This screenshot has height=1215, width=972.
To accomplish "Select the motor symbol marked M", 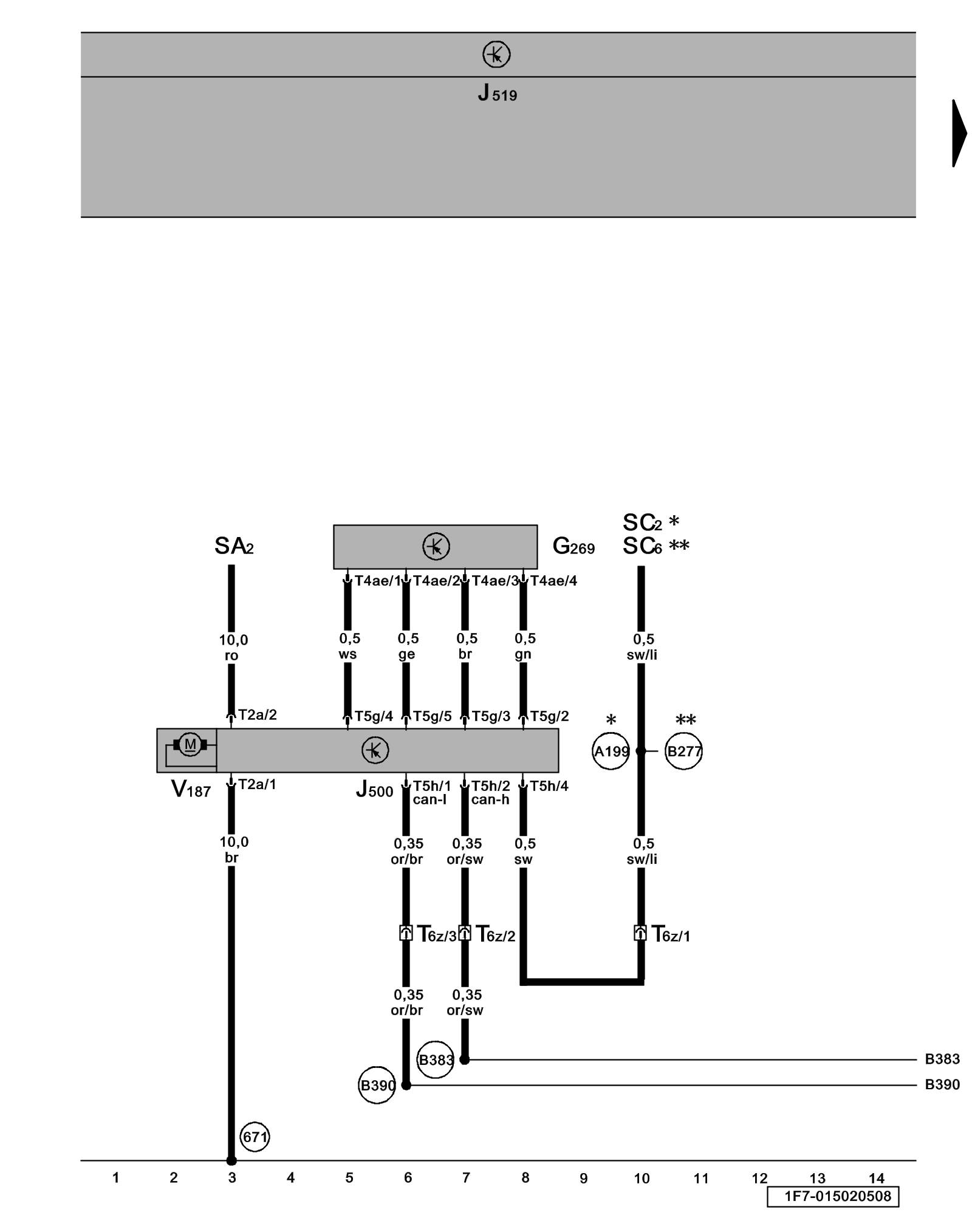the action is pos(190,744).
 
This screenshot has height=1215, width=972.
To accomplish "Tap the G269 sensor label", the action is pos(573,547).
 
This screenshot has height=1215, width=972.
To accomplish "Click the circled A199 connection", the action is pos(611,751).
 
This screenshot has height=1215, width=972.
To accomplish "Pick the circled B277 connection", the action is pos(683,751).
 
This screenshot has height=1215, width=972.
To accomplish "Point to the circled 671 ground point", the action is pos(255,1137).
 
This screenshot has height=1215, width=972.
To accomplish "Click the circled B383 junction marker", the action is pos(436,1060).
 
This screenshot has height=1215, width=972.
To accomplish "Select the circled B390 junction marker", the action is pos(377,1085).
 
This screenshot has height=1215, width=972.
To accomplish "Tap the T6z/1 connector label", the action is pos(671,934).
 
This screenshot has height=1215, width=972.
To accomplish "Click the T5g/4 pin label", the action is pos(374,716).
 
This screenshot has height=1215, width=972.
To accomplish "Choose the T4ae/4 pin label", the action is pos(553,581).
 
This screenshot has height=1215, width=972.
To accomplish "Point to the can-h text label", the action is pos(490,799).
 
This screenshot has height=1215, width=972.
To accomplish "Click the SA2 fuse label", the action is pos(234,546).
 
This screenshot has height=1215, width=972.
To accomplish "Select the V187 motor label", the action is pos(191,789).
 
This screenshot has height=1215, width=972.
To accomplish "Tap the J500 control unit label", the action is pos(374,790).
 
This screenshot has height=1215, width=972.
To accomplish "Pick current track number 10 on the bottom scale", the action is pos(642,1179).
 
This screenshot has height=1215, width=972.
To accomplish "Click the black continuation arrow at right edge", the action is pos(959,133).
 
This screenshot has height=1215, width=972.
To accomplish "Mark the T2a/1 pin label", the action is pos(257,784).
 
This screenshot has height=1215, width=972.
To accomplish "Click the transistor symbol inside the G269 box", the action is pos(436,546).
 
